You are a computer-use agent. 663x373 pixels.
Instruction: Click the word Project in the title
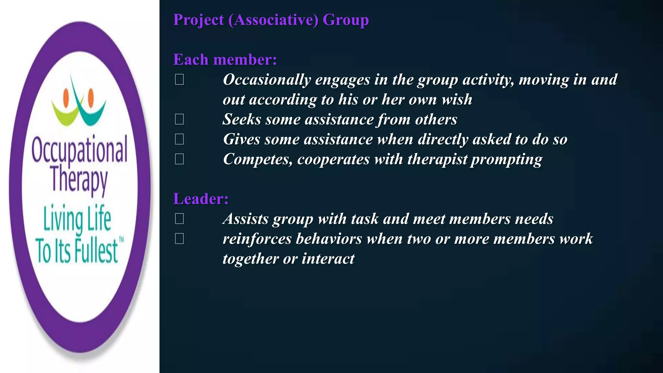[198, 20]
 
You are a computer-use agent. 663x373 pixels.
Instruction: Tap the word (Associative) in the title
[273, 20]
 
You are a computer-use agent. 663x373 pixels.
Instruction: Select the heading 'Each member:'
[225, 60]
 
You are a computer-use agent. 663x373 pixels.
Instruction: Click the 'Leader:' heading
[201, 199]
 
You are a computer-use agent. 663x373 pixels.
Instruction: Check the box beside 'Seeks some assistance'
[179, 119]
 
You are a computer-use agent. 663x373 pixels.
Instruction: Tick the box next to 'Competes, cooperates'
[179, 159]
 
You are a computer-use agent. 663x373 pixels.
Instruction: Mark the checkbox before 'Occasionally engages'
[179, 79]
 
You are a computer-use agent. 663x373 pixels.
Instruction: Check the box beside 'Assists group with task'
[179, 219]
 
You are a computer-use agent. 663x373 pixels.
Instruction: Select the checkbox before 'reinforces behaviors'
[179, 239]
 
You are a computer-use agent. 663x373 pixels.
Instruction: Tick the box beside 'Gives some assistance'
[179, 139]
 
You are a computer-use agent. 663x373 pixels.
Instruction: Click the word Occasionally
[267, 80]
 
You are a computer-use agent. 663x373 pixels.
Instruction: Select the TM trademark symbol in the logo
[121, 240]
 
